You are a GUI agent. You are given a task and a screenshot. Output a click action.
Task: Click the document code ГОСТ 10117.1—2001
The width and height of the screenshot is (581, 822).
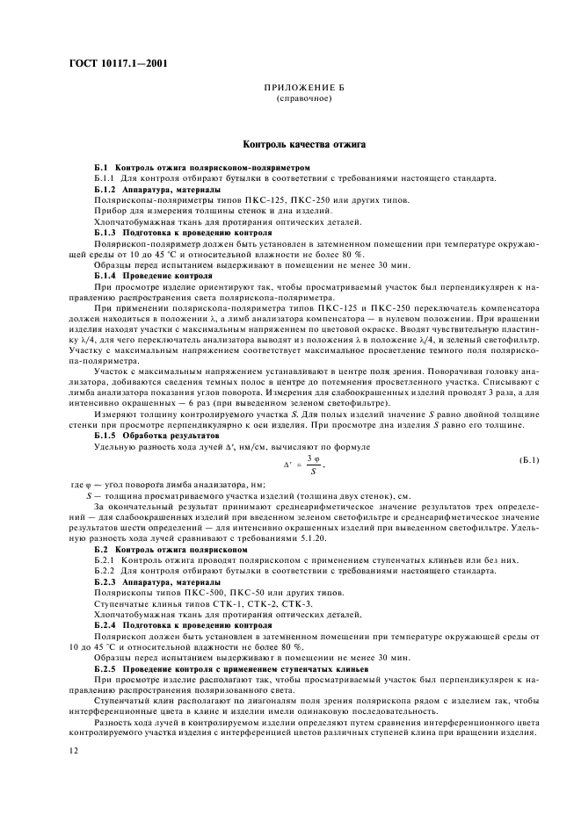(118, 64)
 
